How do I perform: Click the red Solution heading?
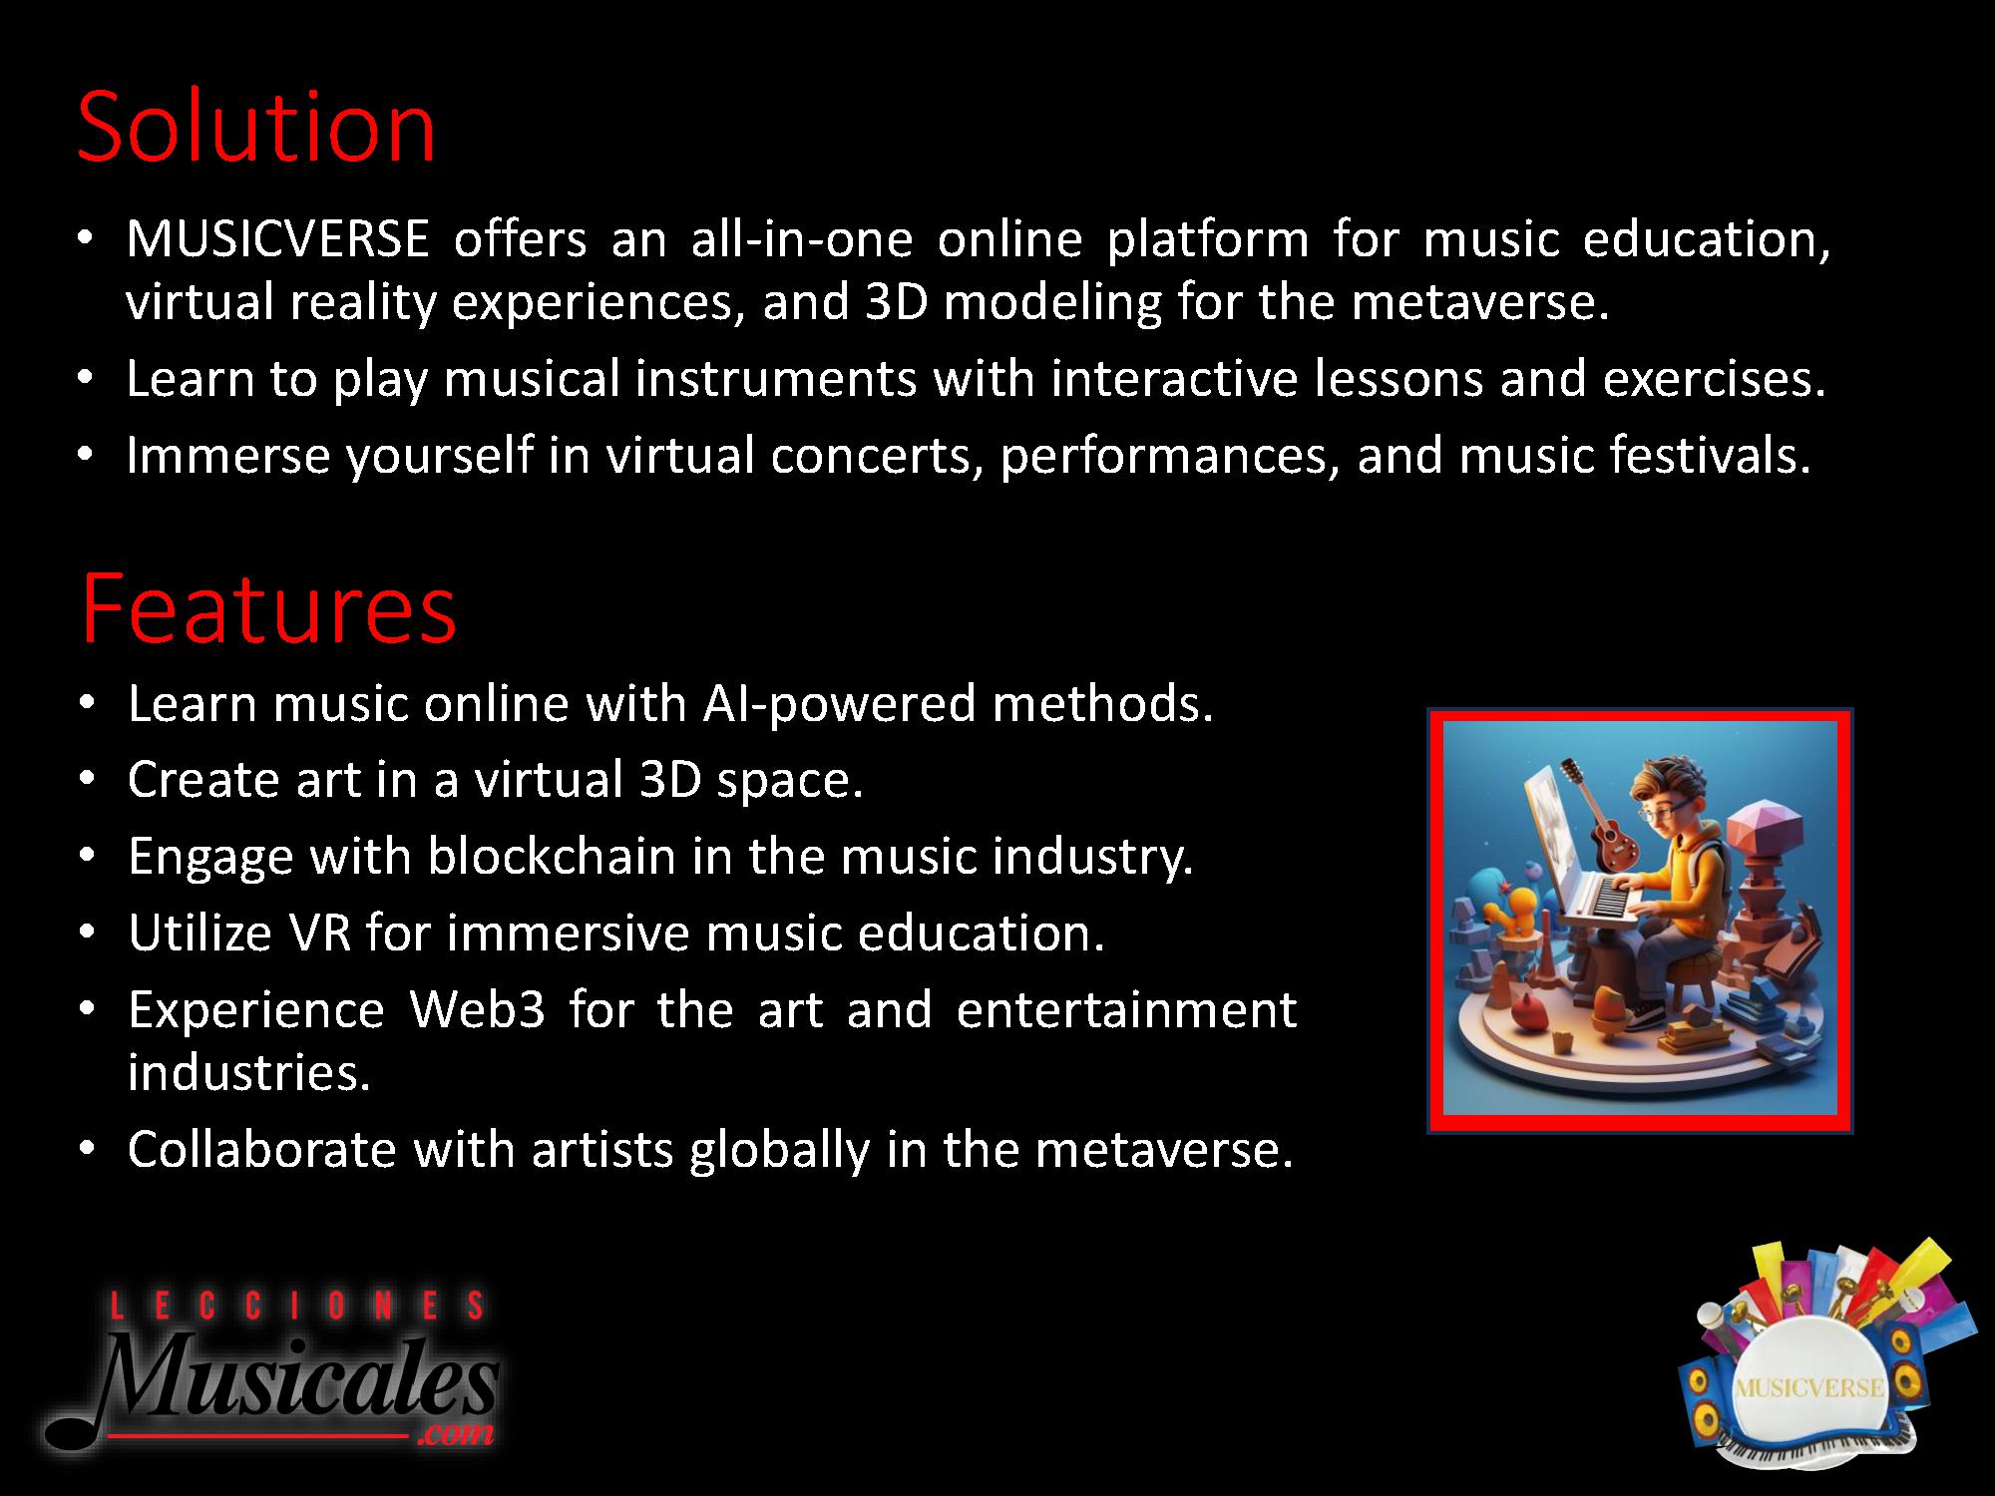pyautogui.click(x=256, y=127)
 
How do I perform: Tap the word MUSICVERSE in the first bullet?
pyautogui.click(x=278, y=239)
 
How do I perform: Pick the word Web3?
pyautogui.click(x=478, y=1009)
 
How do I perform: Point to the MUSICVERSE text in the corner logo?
pyautogui.click(x=1808, y=1388)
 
